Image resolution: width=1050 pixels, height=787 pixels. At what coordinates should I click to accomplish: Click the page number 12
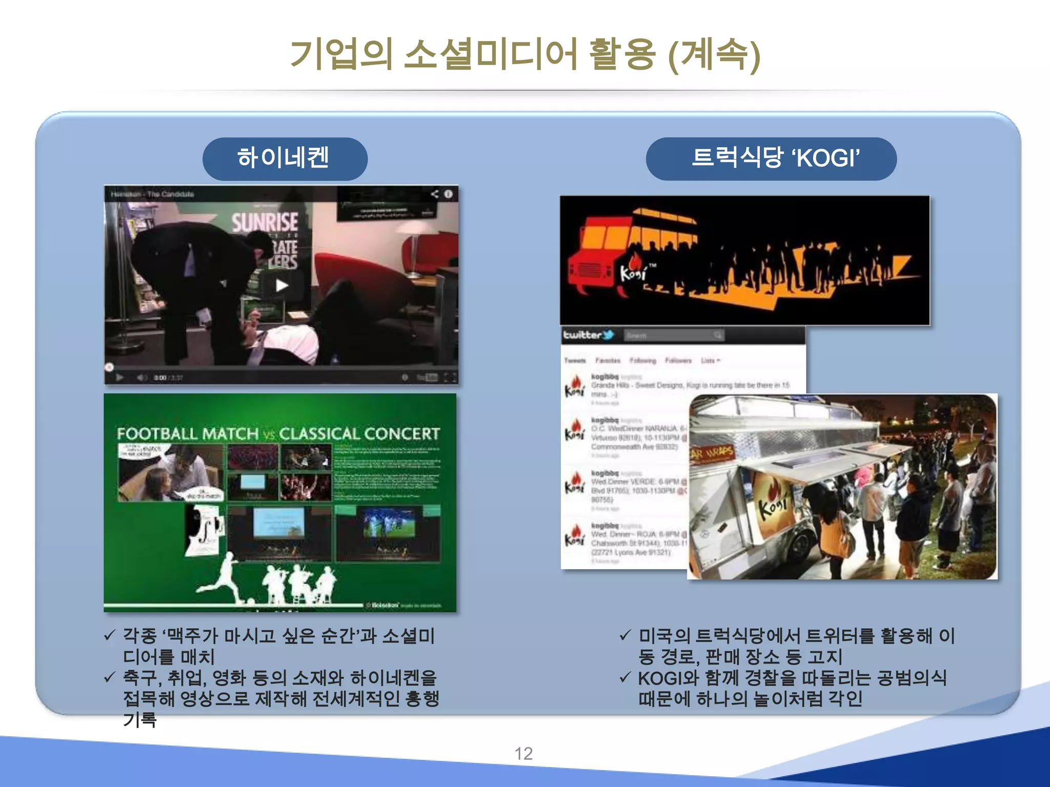tap(523, 754)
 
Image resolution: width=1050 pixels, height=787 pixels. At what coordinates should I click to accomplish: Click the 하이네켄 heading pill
tap(285, 158)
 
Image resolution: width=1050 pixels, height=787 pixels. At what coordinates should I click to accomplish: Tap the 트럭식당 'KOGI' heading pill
tap(771, 158)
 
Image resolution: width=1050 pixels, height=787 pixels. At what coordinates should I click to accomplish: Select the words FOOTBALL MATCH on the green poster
tap(188, 434)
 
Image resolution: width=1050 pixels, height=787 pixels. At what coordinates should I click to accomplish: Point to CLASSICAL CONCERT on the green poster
tap(359, 434)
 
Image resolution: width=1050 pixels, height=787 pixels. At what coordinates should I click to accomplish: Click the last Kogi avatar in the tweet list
tap(575, 535)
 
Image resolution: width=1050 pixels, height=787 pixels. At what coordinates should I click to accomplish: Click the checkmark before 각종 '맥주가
tap(109, 635)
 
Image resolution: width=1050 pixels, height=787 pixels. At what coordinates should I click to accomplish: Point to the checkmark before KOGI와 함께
tap(624, 677)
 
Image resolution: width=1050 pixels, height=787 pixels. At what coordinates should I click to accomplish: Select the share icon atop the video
tap(435, 194)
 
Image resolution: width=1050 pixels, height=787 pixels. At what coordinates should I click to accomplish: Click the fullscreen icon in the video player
tap(449, 378)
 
